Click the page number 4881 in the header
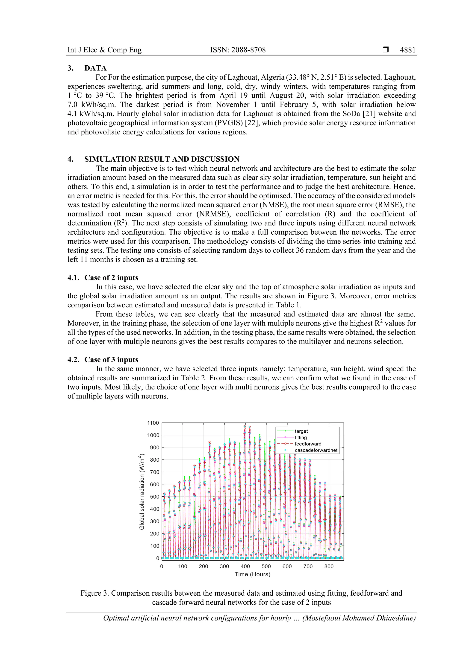[x=407, y=50]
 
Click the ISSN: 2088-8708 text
[x=238, y=50]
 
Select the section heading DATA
[x=95, y=68]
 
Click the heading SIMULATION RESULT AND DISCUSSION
[x=162, y=159]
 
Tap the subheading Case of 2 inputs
[x=111, y=278]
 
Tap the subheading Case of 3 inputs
[x=111, y=360]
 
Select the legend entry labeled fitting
[x=301, y=437]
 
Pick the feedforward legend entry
[x=308, y=444]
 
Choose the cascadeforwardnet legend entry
[x=316, y=450]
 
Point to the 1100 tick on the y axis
[x=153, y=423]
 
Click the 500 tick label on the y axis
[x=154, y=497]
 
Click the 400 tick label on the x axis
[x=245, y=566]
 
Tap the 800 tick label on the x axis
[x=329, y=566]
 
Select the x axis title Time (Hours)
[x=252, y=574]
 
